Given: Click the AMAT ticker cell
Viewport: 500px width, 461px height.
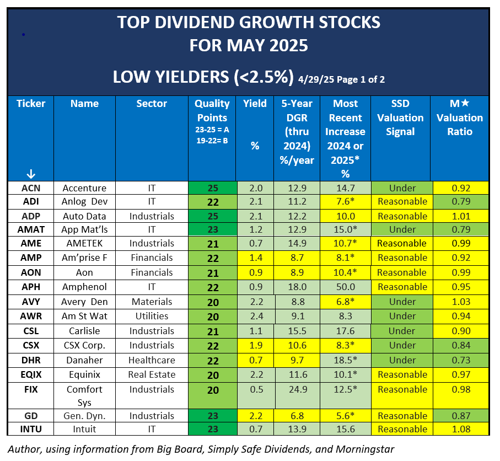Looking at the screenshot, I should coord(31,229).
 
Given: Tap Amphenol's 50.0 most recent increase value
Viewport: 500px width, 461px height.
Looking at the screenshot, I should coord(345,287).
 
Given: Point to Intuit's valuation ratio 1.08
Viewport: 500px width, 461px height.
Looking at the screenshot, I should coord(460,430).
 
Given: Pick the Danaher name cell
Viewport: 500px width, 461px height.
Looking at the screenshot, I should coord(84,360).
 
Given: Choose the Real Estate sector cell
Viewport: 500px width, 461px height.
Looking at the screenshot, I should coord(152,374).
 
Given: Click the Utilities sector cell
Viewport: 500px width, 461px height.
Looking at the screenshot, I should coord(152,316).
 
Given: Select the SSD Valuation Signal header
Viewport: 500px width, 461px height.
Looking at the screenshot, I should coord(400,117).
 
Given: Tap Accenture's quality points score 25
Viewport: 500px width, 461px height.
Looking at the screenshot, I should coord(212,188).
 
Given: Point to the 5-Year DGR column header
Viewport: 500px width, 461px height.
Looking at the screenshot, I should coord(296,132).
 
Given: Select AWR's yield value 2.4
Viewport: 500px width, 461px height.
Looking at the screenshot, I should coord(255,316).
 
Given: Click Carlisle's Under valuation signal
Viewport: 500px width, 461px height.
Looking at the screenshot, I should coord(402,331).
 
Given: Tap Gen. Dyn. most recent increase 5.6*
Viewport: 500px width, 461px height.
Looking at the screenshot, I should coord(345,416).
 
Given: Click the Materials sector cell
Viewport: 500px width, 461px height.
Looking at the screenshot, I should coord(152,302).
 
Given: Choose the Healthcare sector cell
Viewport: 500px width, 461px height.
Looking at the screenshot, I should coord(152,360).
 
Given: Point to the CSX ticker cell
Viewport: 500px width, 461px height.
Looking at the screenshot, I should coord(31,345).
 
